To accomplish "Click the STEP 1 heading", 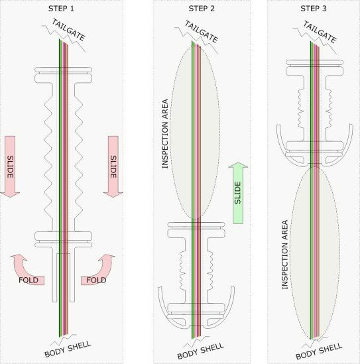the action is coord(61,9).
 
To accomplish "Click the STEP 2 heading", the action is coord(202,9).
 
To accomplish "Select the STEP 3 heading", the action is coord(314,9).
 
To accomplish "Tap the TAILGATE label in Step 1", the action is coord(68,30).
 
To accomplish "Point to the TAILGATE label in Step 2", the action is coord(202,32).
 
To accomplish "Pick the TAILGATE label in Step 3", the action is coord(320,32).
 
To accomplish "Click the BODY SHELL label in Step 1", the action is coord(68,349).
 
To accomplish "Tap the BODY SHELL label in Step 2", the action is coord(200,351).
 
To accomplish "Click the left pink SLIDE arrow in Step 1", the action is coord(10,166).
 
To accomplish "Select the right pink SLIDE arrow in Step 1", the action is coord(113,166).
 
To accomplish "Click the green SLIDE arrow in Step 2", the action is coord(238,193).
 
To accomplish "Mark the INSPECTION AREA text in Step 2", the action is coord(165,134).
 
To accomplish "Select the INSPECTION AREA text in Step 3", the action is coord(285,255).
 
